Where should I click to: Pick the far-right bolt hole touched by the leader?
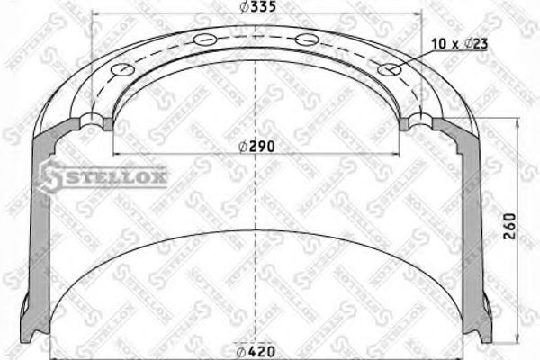[389, 69]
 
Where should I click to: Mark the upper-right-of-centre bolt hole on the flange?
[306, 39]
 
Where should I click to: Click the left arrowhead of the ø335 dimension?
[93, 15]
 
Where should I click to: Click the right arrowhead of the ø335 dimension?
[418, 15]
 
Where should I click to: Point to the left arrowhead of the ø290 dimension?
[113, 154]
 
